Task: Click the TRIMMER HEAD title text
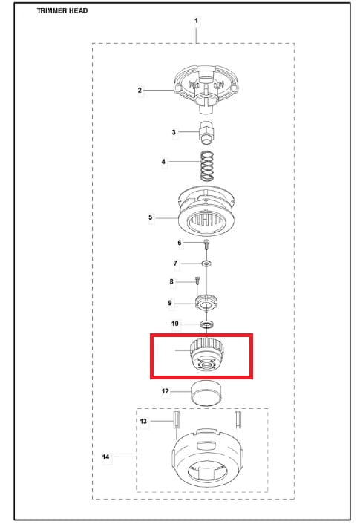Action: point(62,10)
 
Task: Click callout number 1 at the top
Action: point(197,21)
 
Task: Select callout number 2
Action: point(140,91)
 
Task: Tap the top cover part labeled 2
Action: point(206,88)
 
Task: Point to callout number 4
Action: point(163,162)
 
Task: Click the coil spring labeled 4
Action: point(207,166)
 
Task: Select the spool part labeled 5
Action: point(206,211)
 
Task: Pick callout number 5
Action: point(151,217)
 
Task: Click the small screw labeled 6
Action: point(206,243)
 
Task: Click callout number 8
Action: point(171,281)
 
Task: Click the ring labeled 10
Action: point(206,324)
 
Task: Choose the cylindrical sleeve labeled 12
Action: point(206,393)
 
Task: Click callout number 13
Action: point(143,421)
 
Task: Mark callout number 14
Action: point(106,457)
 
